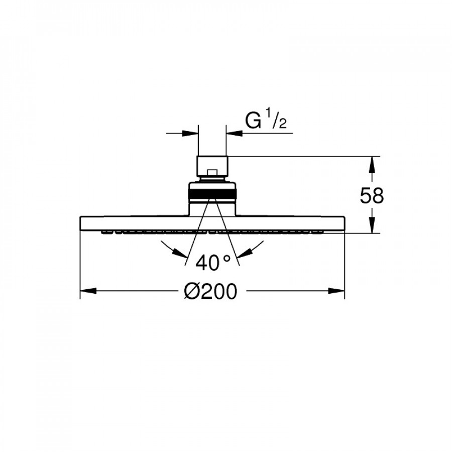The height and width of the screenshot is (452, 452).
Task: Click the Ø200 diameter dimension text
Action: [210, 291]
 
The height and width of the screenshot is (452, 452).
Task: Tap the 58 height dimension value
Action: [372, 196]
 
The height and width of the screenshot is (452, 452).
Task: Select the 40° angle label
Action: [213, 263]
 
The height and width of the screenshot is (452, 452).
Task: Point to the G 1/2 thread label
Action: [266, 121]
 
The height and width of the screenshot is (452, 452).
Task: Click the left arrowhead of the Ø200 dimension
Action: [88, 291]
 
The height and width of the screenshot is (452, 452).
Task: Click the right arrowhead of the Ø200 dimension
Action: [336, 291]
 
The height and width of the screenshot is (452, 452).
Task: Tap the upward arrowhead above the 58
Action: [372, 165]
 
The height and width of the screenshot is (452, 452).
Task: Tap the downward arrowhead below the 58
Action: [372, 225]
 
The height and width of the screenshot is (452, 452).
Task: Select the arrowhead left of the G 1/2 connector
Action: [190, 133]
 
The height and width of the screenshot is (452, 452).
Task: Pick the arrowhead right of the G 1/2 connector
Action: [234, 133]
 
